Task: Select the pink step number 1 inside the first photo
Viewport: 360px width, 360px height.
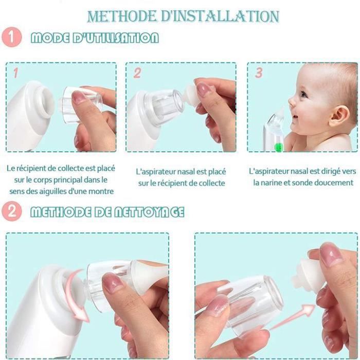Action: (x=15, y=73)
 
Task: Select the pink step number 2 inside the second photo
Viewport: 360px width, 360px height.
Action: (x=137, y=73)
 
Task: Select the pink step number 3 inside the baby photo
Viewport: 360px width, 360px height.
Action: (x=259, y=73)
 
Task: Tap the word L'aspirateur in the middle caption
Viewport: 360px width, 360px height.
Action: (x=156, y=172)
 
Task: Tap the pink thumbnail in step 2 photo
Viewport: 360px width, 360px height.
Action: (x=204, y=89)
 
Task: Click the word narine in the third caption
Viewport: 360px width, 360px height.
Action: (x=276, y=183)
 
